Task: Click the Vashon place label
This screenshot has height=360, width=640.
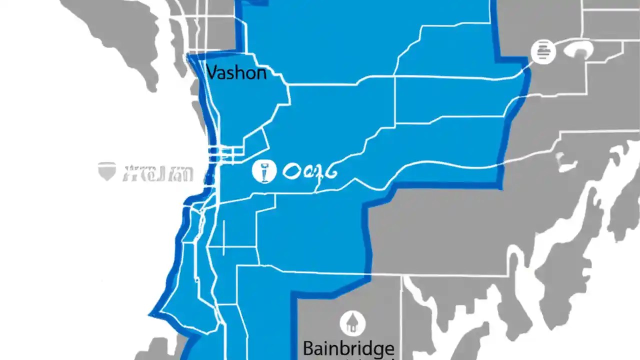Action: click(236, 73)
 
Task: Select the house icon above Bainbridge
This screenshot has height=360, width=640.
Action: click(352, 322)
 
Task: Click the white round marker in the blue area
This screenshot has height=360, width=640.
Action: click(264, 171)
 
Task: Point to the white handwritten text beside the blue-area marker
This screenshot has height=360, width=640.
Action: click(310, 171)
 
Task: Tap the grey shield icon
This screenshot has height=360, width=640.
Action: click(107, 171)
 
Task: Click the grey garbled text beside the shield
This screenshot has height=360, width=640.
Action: click(157, 173)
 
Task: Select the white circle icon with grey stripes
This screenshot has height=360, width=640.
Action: click(543, 51)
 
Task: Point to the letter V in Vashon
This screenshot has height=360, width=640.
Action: click(212, 73)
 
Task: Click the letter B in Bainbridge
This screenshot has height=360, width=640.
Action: click(308, 348)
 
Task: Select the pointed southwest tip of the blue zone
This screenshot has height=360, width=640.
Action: click(150, 314)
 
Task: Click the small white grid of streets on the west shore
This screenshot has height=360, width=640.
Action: click(225, 150)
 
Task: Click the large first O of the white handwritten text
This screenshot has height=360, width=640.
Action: click(292, 172)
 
